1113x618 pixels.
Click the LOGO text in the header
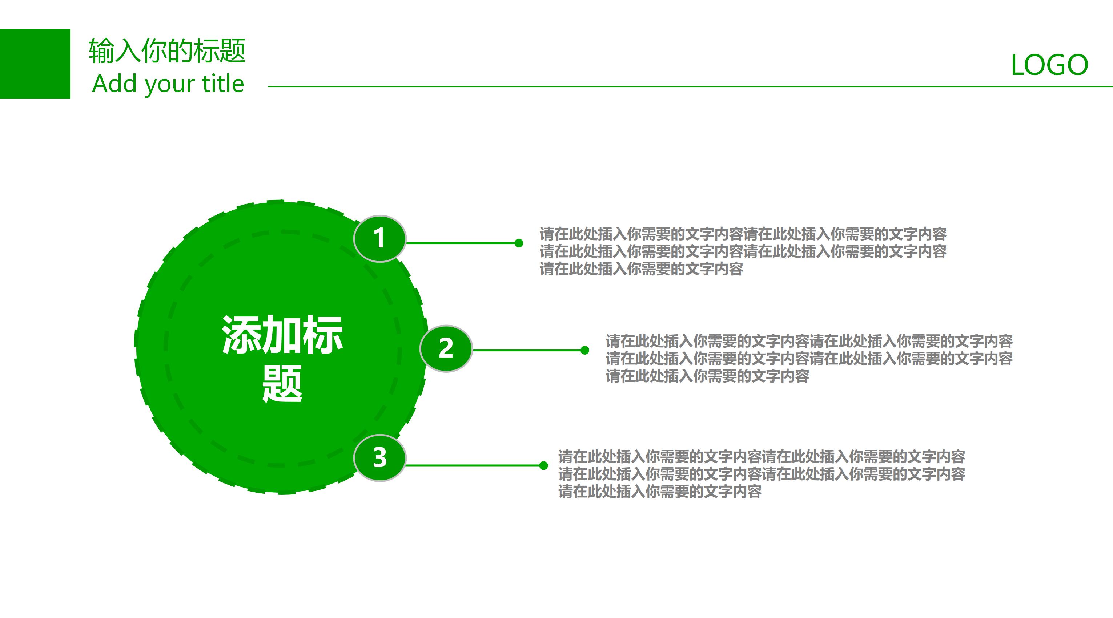coord(1049,65)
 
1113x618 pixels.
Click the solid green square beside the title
coord(35,64)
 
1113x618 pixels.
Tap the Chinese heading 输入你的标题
coord(167,51)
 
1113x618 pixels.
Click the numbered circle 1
coord(379,238)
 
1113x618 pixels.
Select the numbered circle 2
coord(446,348)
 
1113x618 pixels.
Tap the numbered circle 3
coord(379,458)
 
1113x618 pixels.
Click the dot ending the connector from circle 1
coord(519,243)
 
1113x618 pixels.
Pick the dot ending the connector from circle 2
coord(584,350)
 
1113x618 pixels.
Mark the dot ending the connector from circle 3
coord(543,465)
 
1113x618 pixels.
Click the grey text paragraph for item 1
coord(743,251)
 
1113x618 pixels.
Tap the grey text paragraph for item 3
coord(761,474)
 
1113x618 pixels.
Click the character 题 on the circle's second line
coord(282,384)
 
